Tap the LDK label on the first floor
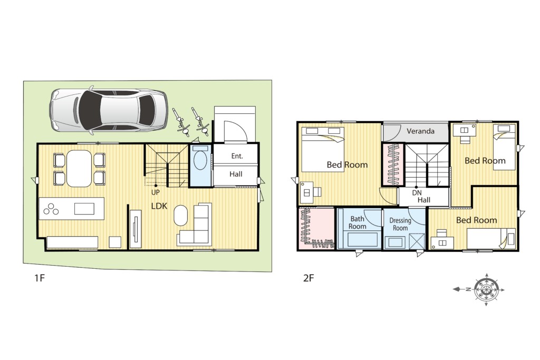[159, 206]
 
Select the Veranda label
[420, 131]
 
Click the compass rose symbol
[486, 289]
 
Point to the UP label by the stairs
[156, 193]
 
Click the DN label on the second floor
[417, 193]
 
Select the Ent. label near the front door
[237, 156]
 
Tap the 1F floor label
[40, 277]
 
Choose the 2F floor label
[308, 277]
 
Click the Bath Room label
[357, 222]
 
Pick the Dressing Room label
[400, 224]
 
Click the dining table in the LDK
[79, 169]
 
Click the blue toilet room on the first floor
[200, 166]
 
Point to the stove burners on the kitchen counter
[51, 209]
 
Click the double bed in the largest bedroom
[323, 149]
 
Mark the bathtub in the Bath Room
[363, 239]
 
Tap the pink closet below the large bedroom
[316, 228]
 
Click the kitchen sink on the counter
[84, 209]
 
